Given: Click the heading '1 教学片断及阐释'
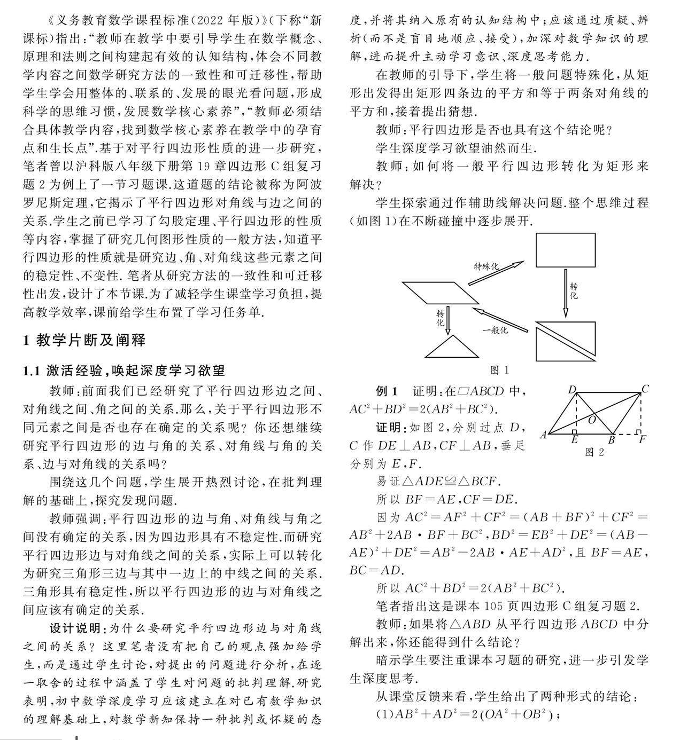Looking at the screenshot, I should pyautogui.click(x=84, y=340).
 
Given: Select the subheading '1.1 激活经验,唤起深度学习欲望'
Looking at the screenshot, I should pyautogui.click(x=123, y=371).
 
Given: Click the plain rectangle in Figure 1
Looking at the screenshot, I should pyautogui.click(x=566, y=250).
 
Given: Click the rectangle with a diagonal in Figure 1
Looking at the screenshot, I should pyautogui.click(x=566, y=342).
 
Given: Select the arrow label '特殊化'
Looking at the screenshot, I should pyautogui.click(x=486, y=265).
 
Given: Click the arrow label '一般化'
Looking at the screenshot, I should pyautogui.click(x=495, y=330).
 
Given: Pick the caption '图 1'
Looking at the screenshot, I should pyautogui.click(x=499, y=370).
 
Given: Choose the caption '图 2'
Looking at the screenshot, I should pyautogui.click(x=594, y=452).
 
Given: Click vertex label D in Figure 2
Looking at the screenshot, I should pyautogui.click(x=572, y=390).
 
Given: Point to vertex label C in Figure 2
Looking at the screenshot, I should pyautogui.click(x=645, y=389).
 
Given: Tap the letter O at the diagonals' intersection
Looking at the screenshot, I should pyautogui.click(x=592, y=420).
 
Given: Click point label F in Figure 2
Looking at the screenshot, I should pyautogui.click(x=642, y=439).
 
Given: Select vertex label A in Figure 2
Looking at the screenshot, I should pyautogui.click(x=543, y=435).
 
